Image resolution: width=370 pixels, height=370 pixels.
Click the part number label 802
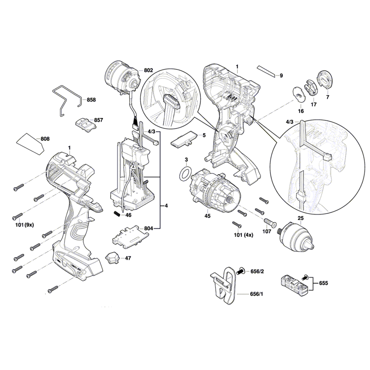(x=148, y=70)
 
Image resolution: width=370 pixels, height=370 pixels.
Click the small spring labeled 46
(x=117, y=213)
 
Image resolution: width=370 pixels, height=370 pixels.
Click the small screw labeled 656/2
(x=242, y=271)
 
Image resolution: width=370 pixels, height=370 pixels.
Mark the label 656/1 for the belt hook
(x=257, y=294)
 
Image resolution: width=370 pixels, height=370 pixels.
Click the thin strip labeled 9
(x=266, y=71)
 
